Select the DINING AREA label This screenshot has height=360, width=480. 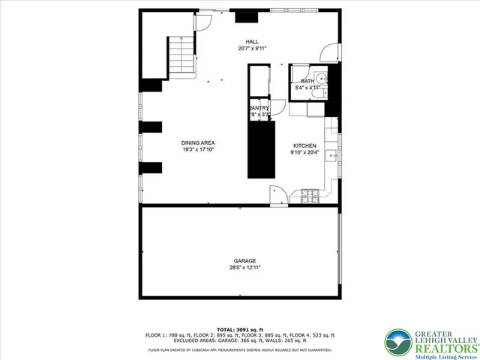pyautogui.click(x=198, y=142)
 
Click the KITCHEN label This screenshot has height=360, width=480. pyautogui.click(x=304, y=145)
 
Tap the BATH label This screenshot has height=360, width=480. pyautogui.click(x=307, y=81)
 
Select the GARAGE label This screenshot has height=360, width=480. pyautogui.click(x=240, y=260)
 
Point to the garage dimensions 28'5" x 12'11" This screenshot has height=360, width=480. pyautogui.click(x=240, y=268)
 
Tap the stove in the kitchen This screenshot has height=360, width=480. pyautogui.click(x=310, y=196)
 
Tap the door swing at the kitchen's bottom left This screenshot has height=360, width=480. pyautogui.click(x=276, y=193)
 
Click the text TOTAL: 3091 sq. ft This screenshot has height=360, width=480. pyautogui.click(x=240, y=329)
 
